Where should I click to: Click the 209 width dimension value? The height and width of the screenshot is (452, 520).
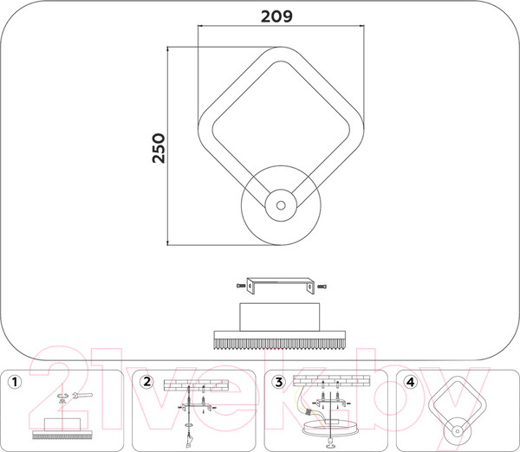[x=276, y=16]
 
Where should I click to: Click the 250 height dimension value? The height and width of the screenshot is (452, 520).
[x=159, y=148]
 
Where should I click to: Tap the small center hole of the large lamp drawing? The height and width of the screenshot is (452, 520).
[x=281, y=205]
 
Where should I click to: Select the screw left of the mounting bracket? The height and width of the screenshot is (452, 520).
[x=241, y=286]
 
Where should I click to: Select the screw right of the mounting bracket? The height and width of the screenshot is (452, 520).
[x=322, y=286]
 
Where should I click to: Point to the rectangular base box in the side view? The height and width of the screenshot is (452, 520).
[x=280, y=317]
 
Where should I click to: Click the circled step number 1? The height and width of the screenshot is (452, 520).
[x=14, y=382]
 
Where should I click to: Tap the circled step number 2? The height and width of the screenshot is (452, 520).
[x=146, y=382]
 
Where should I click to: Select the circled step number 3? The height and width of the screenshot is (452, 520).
[x=278, y=382]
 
